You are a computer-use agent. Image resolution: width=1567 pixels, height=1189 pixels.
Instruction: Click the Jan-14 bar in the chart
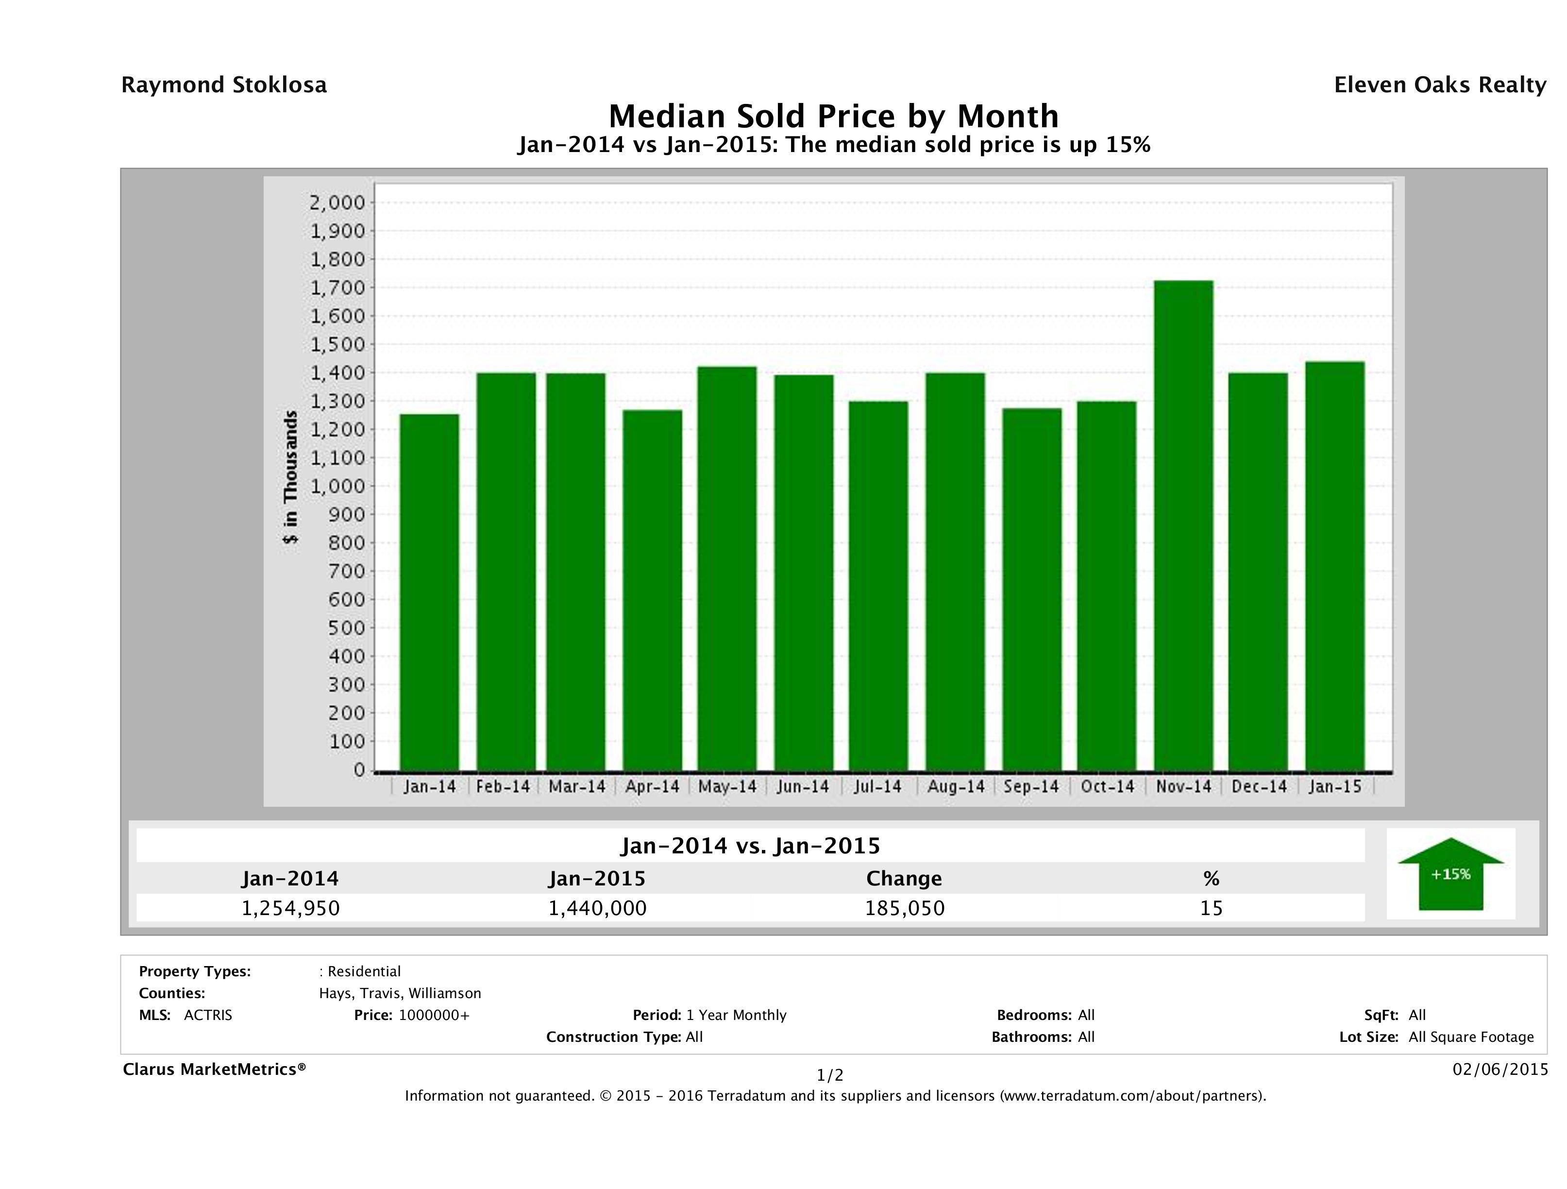[429, 592]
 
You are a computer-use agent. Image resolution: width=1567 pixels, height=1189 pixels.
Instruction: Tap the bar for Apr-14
[653, 590]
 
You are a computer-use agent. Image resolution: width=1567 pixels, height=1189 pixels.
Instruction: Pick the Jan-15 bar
[1334, 565]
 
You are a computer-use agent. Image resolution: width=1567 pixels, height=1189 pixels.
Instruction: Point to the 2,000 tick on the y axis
[337, 203]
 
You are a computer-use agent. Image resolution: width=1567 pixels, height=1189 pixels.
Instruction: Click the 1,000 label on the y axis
[337, 486]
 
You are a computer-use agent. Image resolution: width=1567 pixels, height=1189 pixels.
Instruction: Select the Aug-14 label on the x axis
[956, 786]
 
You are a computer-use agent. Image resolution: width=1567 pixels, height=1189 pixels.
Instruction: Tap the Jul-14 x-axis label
[878, 786]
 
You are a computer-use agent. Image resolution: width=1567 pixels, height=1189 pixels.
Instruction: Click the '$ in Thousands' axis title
[290, 477]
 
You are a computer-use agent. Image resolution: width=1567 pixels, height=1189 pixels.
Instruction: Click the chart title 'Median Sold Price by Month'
[834, 116]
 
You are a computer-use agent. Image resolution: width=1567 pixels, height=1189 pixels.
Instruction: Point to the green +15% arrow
[1450, 874]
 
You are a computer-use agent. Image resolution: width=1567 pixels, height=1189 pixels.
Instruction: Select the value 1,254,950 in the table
[290, 908]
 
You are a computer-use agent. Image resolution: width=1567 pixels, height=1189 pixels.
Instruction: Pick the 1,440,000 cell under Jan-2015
[597, 908]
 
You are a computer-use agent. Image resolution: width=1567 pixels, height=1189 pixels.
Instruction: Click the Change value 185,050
[905, 908]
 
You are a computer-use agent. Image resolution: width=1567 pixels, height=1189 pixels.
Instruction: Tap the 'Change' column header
[904, 879]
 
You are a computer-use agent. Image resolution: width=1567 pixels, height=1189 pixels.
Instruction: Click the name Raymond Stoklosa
[224, 85]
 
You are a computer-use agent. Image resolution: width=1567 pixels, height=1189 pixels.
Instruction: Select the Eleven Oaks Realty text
[1439, 85]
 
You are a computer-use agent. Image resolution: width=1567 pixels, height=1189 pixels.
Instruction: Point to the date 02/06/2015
[1500, 1069]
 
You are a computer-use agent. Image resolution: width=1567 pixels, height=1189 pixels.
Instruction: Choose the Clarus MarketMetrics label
[214, 1069]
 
